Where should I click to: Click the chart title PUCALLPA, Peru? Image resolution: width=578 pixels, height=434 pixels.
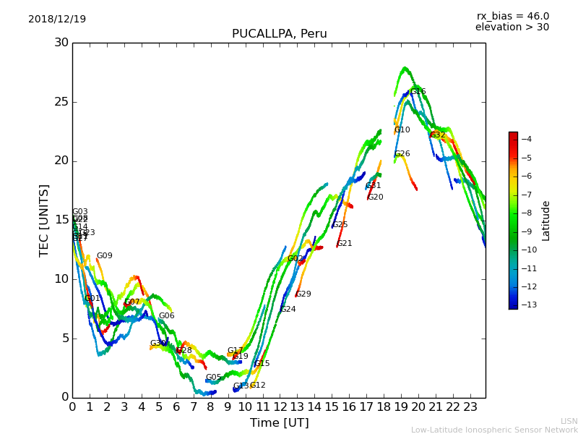279,34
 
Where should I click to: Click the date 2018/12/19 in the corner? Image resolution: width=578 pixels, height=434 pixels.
57,20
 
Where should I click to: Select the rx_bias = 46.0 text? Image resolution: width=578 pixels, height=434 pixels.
512,17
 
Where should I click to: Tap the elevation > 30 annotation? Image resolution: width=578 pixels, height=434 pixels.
512,27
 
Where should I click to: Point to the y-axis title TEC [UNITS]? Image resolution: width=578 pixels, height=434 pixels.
45,220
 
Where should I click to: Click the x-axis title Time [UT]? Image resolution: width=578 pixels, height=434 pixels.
279,423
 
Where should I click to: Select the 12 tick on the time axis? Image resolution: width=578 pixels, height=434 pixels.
280,407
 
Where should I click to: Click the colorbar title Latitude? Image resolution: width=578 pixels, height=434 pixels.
546,221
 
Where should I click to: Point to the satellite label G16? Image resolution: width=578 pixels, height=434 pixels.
418,92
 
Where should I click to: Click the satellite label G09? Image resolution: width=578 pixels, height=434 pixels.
105,256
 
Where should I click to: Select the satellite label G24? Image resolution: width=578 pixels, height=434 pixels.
288,310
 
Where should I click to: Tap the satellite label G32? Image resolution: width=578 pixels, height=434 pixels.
438,135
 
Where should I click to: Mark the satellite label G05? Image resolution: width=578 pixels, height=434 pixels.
213,378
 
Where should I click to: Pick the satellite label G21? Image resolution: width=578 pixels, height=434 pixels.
345,244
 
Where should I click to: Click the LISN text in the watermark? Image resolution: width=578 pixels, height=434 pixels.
569,421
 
